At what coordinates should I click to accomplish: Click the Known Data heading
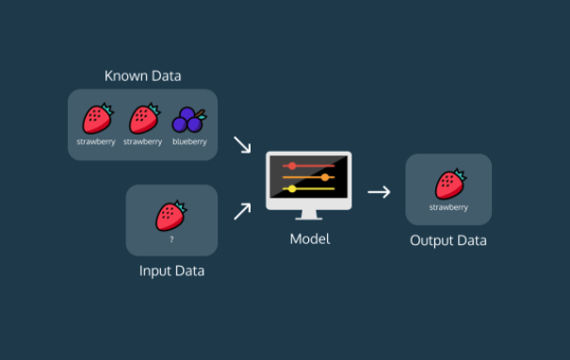click(x=142, y=76)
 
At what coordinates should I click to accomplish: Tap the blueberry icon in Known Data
click(x=189, y=120)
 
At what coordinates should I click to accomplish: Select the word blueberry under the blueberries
click(x=189, y=141)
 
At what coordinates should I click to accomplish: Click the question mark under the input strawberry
click(x=171, y=239)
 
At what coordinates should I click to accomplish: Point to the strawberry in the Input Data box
click(x=171, y=216)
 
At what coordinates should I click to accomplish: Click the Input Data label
click(x=171, y=271)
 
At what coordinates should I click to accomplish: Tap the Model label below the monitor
click(x=310, y=239)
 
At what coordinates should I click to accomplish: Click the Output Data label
click(x=448, y=240)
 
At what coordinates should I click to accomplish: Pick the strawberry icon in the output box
click(x=450, y=184)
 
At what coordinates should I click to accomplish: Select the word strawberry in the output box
click(x=448, y=207)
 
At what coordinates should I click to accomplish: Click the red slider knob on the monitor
click(x=292, y=166)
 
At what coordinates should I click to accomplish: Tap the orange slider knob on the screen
click(x=325, y=177)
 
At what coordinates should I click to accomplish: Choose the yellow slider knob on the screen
click(x=292, y=188)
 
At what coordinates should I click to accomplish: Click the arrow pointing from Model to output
click(x=379, y=191)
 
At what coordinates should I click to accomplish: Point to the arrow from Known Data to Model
click(x=242, y=144)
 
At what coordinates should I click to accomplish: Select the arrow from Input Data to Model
click(x=242, y=211)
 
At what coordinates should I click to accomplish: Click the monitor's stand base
click(x=309, y=219)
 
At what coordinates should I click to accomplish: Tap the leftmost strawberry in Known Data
click(x=98, y=119)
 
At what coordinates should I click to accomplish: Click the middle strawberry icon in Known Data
click(x=144, y=119)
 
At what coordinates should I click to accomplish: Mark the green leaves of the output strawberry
click(x=460, y=174)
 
